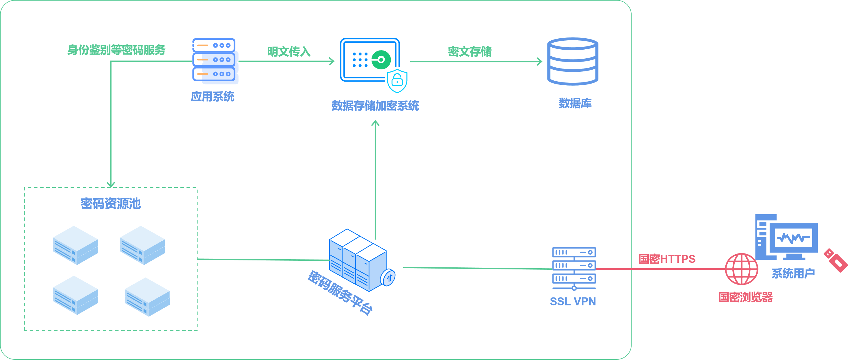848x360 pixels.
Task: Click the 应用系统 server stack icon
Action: pos(214,60)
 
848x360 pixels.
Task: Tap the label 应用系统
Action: pos(212,97)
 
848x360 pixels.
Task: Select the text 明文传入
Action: pos(289,52)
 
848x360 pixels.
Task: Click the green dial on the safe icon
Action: pos(381,60)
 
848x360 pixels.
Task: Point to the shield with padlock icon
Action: pos(397,81)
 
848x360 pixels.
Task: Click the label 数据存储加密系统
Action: pos(375,106)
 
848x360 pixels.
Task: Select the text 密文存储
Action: pos(469,52)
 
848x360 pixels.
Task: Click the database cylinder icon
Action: pos(573,62)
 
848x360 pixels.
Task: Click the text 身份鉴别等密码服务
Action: pos(116,50)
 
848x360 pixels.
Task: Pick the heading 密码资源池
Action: pos(111,204)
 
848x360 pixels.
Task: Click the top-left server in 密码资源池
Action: pos(75,245)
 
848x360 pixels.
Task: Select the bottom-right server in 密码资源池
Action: pos(147,296)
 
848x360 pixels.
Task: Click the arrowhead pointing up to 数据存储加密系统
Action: pos(375,123)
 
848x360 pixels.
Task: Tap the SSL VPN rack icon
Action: pos(574,268)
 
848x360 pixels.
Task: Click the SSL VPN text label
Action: pos(573,301)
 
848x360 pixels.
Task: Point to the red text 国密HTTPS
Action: pos(667,259)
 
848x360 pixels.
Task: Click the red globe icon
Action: pos(741,269)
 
